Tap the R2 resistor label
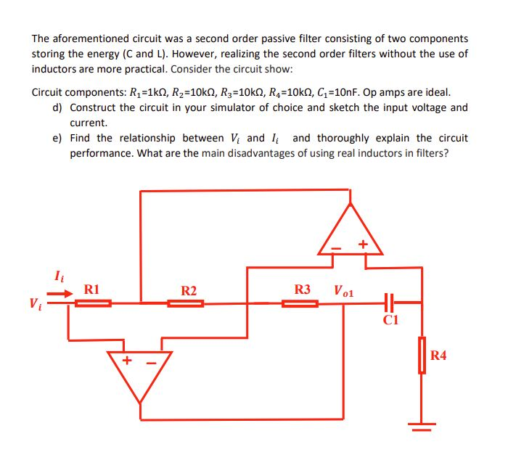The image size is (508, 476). pyautogui.click(x=189, y=291)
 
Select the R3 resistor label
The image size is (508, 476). pyautogui.click(x=303, y=290)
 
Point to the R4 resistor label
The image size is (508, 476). pyautogui.click(x=438, y=356)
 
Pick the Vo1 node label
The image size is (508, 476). pyautogui.click(x=343, y=291)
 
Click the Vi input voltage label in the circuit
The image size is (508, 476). pyautogui.click(x=35, y=303)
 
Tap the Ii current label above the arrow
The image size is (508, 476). pyautogui.click(x=58, y=275)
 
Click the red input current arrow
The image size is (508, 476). pyautogui.click(x=60, y=293)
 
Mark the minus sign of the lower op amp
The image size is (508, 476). pyautogui.click(x=153, y=360)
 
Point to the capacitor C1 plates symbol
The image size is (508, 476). pyautogui.click(x=388, y=302)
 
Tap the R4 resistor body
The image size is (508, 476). pyautogui.click(x=421, y=355)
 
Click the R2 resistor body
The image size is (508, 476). pyautogui.click(x=185, y=303)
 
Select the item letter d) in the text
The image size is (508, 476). pyautogui.click(x=57, y=107)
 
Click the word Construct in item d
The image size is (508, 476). pyautogui.click(x=94, y=107)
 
